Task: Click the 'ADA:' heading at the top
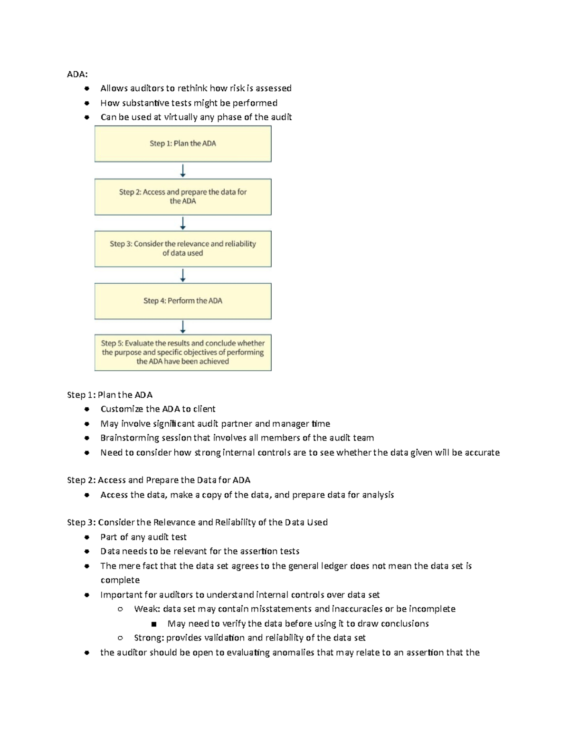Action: click(77, 74)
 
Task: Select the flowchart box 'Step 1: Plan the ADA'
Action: click(183, 144)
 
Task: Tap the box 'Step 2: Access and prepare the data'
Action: click(183, 197)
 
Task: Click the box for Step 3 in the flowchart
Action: click(183, 249)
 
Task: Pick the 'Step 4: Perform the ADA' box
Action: click(183, 301)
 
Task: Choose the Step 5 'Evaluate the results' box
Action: click(183, 352)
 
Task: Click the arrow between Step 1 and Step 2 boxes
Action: click(183, 171)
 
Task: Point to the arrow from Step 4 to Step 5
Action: click(183, 326)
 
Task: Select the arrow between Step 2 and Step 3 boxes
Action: click(183, 223)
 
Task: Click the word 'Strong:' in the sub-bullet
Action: click(149, 638)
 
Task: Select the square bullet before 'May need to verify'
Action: click(153, 624)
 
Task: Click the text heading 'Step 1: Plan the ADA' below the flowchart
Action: click(110, 394)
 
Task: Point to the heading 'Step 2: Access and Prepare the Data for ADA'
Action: click(159, 480)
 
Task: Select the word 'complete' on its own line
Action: click(120, 580)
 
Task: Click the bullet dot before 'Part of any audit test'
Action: click(86, 537)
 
